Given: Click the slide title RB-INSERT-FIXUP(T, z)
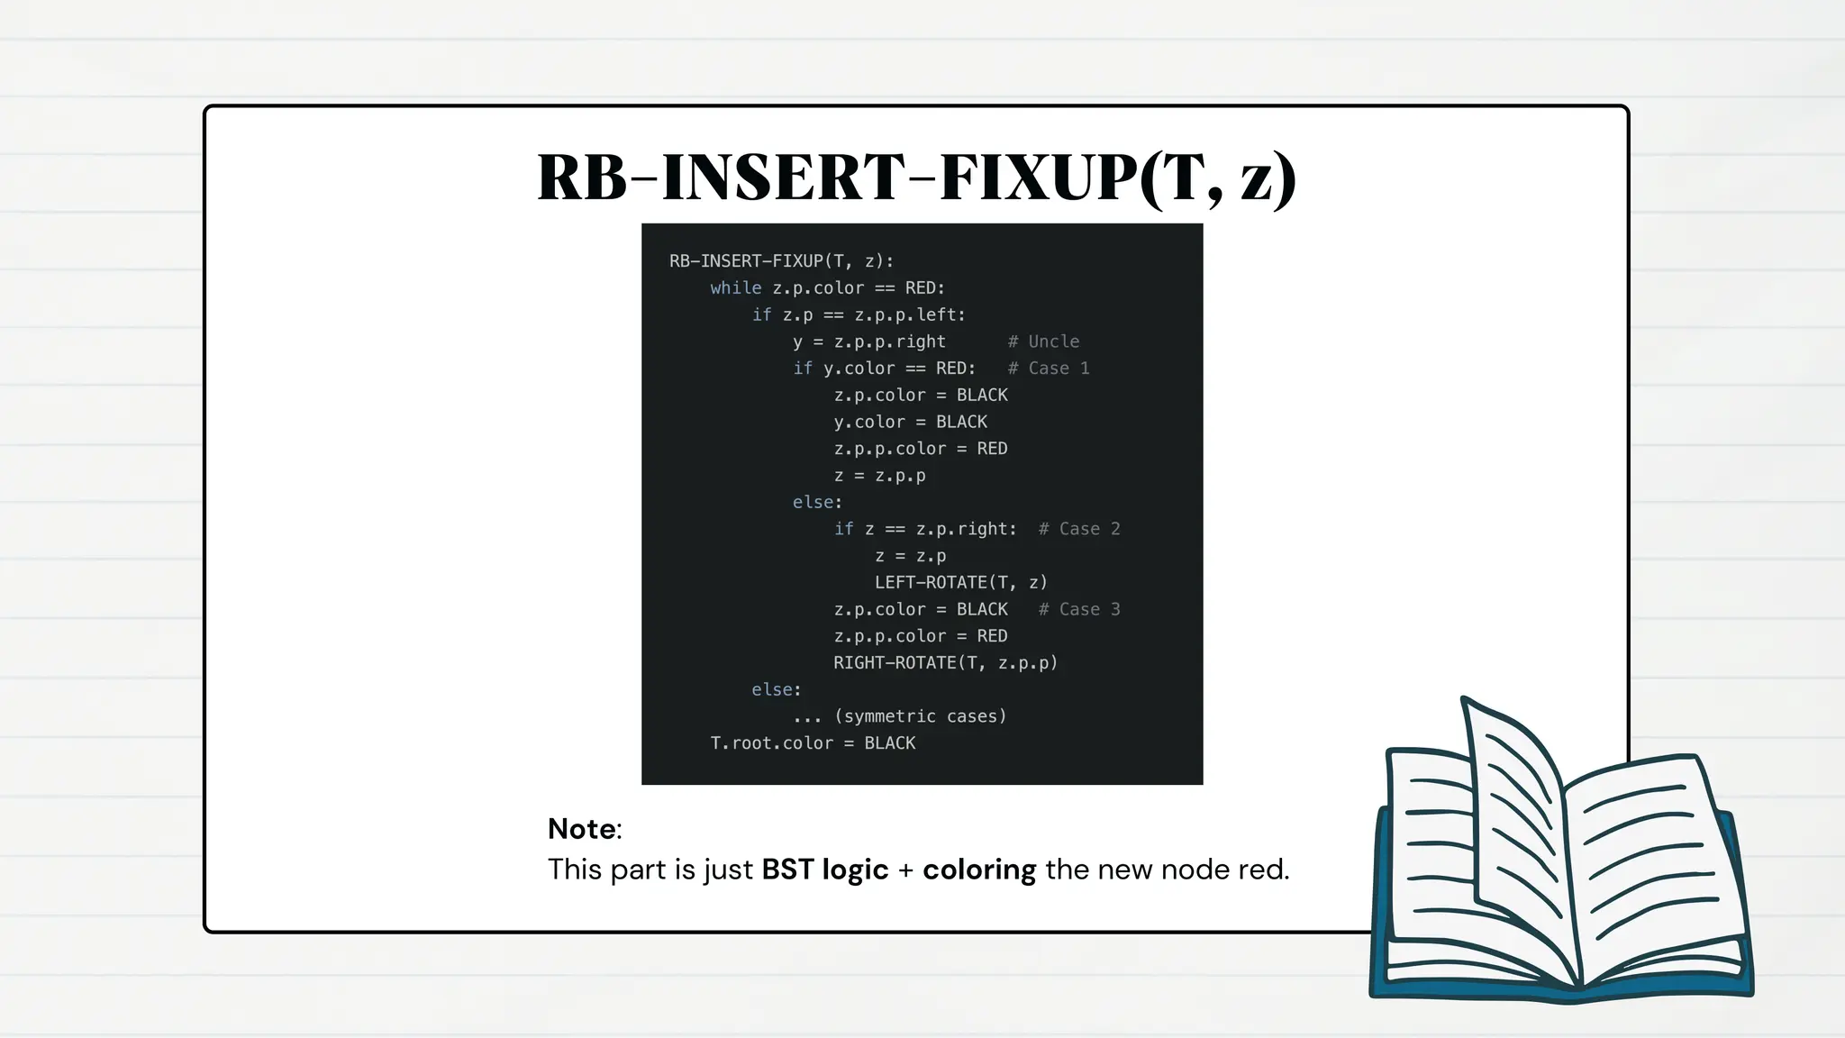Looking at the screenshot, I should (916, 177).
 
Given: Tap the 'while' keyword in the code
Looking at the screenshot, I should (735, 288).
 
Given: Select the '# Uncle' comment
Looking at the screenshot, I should (1043, 341).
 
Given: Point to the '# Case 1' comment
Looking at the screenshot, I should (1049, 369).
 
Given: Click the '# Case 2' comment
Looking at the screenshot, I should (1079, 529).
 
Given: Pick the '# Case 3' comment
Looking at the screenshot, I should (1079, 609).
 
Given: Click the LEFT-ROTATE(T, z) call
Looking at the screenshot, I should (961, 583).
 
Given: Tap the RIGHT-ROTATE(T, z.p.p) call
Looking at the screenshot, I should (945, 663).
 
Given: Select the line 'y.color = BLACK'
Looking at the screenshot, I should (910, 422).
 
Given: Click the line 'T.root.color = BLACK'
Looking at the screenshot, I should (813, 743).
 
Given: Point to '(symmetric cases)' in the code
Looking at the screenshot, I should (920, 716).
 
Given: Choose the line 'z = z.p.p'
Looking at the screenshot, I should (879, 476).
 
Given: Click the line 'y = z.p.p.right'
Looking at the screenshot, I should (869, 341).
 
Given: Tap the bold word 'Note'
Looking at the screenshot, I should (582, 829).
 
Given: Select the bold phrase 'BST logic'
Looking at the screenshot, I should (824, 870).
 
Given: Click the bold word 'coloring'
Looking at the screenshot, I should (979, 870).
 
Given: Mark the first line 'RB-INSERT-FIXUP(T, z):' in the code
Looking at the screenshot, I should (781, 261).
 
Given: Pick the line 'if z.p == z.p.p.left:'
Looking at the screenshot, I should (859, 315).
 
